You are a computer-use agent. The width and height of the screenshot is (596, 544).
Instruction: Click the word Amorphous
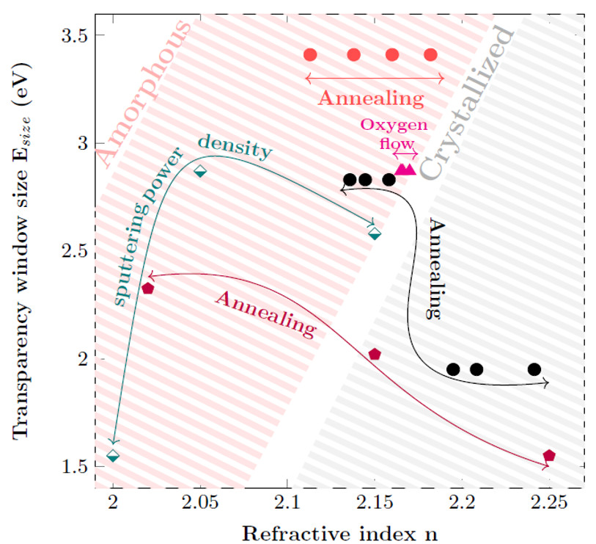pyautogui.click(x=143, y=92)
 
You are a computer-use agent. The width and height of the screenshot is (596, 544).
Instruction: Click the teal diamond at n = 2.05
pyautogui.click(x=200, y=172)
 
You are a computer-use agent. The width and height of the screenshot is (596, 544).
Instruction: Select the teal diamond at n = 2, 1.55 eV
pyautogui.click(x=113, y=456)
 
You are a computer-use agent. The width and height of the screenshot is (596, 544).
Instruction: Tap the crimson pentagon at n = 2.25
pyautogui.click(x=549, y=456)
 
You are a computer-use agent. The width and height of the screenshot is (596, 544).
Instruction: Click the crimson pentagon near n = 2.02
pyautogui.click(x=148, y=289)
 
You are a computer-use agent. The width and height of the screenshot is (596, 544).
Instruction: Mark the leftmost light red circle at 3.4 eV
pyautogui.click(x=310, y=54)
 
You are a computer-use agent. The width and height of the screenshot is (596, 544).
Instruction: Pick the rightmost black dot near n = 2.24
pyautogui.click(x=534, y=369)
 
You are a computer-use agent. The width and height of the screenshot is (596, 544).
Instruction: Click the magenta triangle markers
pyautogui.click(x=405, y=170)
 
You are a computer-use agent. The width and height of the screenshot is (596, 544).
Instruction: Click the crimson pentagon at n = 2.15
pyautogui.click(x=375, y=354)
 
